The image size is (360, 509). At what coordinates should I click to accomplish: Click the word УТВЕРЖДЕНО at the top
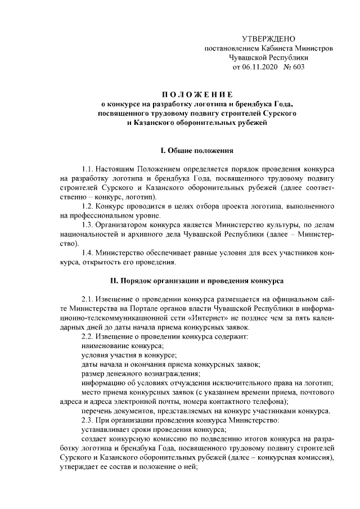[x=268, y=39]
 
